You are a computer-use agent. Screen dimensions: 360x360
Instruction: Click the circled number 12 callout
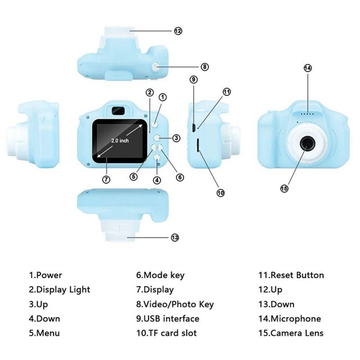178,31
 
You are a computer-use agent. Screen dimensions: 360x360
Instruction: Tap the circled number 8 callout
204,67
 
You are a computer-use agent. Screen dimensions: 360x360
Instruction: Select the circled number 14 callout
307,68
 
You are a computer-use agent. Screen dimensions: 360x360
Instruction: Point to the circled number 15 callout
284,188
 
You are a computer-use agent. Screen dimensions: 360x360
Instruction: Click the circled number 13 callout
175,238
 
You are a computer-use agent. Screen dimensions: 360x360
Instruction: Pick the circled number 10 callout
220,193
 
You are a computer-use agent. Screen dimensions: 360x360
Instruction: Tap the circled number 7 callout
106,179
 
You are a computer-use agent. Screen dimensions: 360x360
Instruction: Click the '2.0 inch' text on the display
120,140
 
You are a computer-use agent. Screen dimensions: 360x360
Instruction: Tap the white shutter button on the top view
156,66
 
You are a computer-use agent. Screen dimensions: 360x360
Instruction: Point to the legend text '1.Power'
45,275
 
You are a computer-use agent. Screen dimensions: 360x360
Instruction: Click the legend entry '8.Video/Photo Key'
175,304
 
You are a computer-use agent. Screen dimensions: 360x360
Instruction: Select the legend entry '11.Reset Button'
291,275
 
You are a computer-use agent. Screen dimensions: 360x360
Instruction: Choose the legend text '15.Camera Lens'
291,333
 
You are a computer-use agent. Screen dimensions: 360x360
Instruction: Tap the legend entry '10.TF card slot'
166,333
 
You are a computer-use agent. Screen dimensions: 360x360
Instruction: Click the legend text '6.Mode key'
160,275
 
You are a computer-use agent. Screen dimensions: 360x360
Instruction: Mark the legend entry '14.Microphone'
289,319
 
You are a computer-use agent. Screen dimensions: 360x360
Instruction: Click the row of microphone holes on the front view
307,114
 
